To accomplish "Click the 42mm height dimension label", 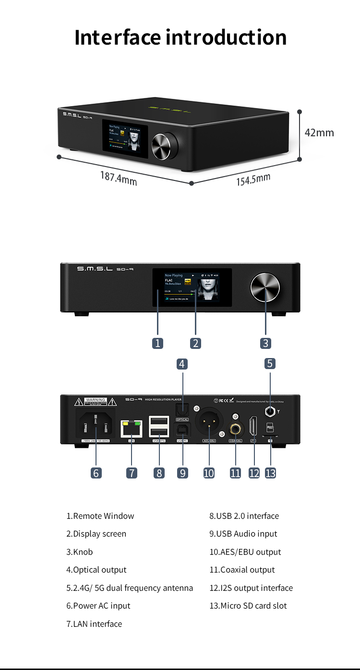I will (x=319, y=132).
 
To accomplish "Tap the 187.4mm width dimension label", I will (x=119, y=178).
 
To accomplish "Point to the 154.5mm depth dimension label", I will (x=253, y=179).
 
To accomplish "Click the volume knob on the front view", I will (x=265, y=288).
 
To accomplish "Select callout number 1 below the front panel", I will (x=157, y=343).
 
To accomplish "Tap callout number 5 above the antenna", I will (x=270, y=363).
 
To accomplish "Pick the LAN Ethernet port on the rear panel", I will (x=132, y=428).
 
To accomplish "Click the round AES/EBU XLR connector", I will (x=209, y=421).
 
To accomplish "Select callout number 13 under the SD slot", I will (x=271, y=473).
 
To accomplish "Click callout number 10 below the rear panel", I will (x=209, y=473).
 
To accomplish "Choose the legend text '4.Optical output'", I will (x=96, y=570).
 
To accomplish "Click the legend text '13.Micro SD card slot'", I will (x=248, y=606).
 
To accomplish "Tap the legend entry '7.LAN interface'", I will (x=94, y=624).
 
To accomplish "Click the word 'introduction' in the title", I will (x=226, y=37).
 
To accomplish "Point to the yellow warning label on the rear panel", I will (x=96, y=402).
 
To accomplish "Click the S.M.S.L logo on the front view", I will (x=95, y=269).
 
